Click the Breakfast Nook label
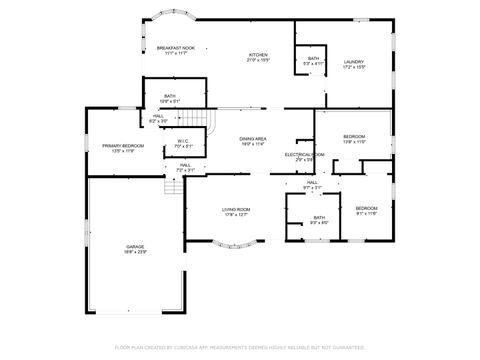click(x=175, y=50)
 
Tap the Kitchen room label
click(x=258, y=57)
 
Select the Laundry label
click(x=354, y=64)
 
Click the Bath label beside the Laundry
click(x=313, y=61)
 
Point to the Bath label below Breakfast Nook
click(x=170, y=98)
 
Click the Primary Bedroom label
click(x=123, y=148)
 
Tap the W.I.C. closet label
click(x=184, y=143)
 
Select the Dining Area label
click(x=252, y=141)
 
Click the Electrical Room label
click(x=304, y=156)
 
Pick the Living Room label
click(x=236, y=211)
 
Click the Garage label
click(x=135, y=249)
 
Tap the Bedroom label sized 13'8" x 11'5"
click(x=354, y=138)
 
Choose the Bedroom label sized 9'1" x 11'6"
click(x=367, y=210)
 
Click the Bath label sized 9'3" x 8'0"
click(x=319, y=219)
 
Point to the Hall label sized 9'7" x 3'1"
click(x=312, y=184)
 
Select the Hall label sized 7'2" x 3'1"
click(x=185, y=167)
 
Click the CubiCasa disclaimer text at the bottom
click(x=240, y=347)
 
